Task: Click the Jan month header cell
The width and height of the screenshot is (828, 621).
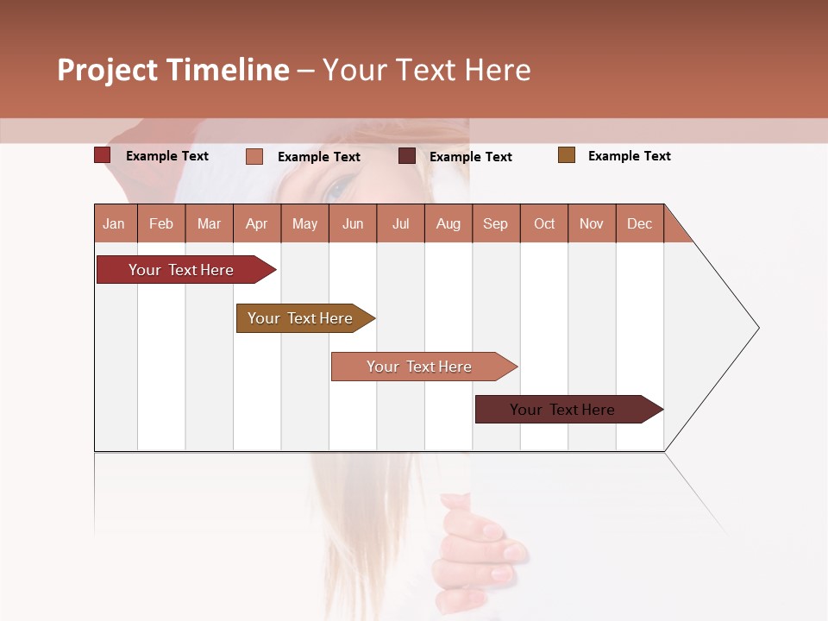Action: (x=115, y=223)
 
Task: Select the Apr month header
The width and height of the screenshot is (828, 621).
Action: (x=256, y=223)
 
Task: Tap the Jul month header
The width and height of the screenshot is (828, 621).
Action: (x=400, y=223)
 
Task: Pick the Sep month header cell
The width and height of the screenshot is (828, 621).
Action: (x=495, y=223)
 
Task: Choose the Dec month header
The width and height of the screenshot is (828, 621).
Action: (x=639, y=223)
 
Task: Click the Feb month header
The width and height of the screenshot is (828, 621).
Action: (x=161, y=223)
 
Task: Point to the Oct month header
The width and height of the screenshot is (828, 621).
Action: (x=543, y=223)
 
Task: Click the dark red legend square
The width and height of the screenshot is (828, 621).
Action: (x=102, y=155)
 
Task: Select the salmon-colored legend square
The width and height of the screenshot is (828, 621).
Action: (x=254, y=156)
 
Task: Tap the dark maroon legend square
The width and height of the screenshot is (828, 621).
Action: (x=406, y=156)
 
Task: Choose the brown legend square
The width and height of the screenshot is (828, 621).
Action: (x=566, y=155)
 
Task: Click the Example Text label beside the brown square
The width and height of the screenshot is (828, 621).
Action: (x=629, y=156)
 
